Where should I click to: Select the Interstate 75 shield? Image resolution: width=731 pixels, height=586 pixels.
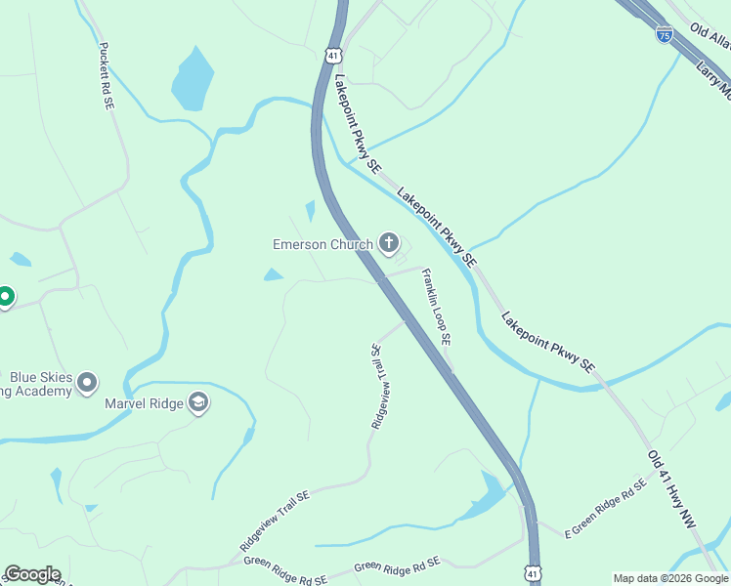665,35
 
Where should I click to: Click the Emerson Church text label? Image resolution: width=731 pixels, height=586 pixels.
322,244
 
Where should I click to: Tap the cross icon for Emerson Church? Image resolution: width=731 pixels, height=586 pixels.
389,243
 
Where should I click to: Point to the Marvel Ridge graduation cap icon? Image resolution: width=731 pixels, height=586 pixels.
199,403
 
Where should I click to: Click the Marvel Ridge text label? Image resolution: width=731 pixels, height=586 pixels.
145,403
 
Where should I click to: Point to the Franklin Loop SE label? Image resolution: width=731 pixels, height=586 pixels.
436,308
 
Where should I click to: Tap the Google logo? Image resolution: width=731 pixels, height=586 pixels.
32,574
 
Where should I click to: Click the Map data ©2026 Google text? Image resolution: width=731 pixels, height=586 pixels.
670,578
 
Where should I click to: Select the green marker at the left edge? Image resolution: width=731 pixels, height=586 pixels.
5,296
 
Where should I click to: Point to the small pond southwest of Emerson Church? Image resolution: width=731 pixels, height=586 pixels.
274,275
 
